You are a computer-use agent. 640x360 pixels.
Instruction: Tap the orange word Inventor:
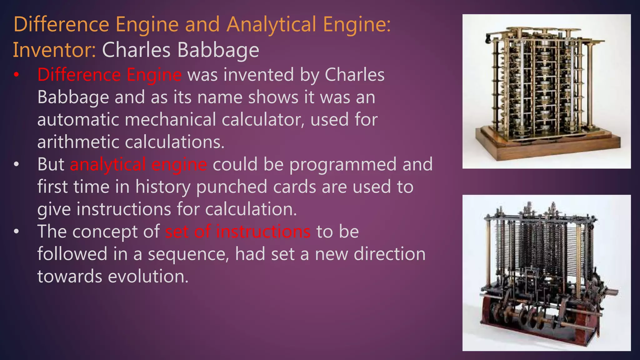click(54, 50)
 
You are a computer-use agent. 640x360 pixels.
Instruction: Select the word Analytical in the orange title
click(271, 24)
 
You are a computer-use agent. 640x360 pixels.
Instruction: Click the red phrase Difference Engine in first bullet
click(109, 75)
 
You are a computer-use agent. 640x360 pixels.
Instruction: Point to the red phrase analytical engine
click(138, 164)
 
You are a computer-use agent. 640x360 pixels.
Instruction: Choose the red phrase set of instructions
click(238, 232)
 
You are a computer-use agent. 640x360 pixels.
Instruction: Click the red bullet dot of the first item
click(17, 75)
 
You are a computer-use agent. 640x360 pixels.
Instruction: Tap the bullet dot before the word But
click(17, 164)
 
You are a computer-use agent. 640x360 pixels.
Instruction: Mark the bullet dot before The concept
click(17, 232)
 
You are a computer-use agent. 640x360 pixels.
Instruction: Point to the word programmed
click(343, 164)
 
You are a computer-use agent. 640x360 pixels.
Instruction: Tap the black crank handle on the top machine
click(488, 39)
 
